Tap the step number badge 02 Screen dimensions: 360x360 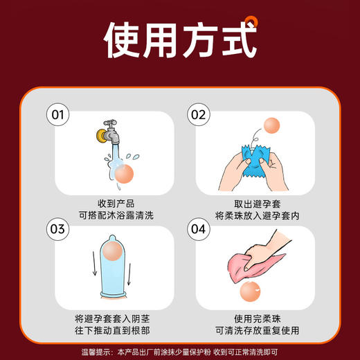click(x=199, y=114)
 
